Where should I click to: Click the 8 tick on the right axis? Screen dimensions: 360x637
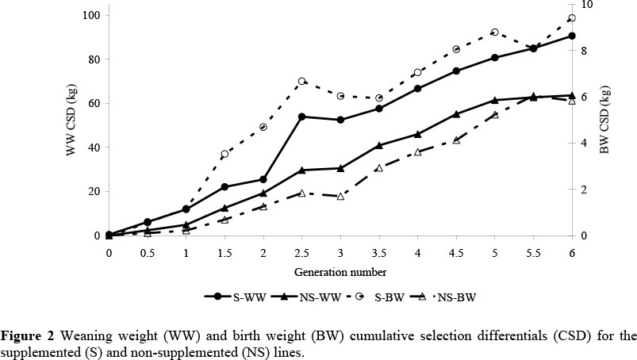582,50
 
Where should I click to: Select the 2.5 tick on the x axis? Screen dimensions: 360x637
301,251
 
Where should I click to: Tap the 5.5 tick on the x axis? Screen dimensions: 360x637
533,251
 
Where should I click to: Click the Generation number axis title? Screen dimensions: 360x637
340,272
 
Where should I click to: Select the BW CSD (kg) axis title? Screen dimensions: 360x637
605,125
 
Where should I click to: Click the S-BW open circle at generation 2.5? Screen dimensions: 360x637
301,82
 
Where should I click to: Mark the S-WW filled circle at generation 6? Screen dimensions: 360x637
571,36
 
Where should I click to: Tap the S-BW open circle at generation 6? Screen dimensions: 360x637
571,17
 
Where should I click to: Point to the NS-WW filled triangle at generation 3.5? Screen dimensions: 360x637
379,145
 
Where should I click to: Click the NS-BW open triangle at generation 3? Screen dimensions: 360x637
340,196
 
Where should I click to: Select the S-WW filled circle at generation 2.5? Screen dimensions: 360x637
301,117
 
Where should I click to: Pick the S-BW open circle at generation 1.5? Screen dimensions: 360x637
224,154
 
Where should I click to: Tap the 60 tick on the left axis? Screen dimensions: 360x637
93,103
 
